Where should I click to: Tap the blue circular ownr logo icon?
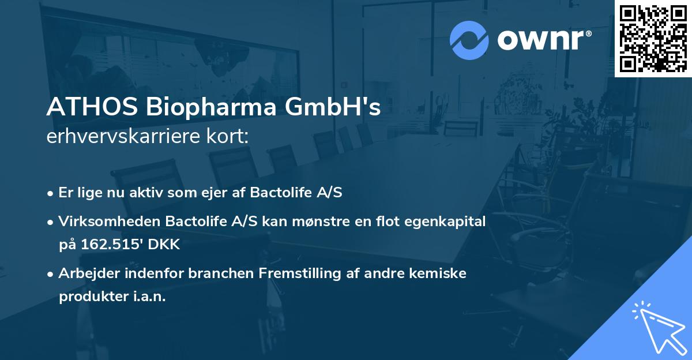click(469, 40)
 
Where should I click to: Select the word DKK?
click(165, 245)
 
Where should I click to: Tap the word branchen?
click(220, 273)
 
